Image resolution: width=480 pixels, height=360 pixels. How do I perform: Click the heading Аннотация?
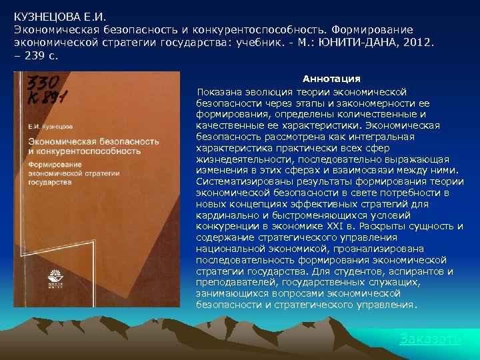331,79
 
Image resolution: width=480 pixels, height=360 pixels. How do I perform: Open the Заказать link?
430,339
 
